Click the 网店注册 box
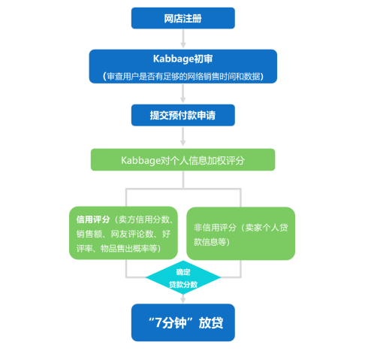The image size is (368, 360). [x=183, y=18]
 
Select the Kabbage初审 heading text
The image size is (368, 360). [x=182, y=59]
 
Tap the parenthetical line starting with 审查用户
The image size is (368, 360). [x=183, y=76]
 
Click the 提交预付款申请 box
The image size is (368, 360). [x=183, y=115]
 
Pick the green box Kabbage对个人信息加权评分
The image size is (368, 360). [x=182, y=159]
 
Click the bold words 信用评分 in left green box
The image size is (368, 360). [x=93, y=219]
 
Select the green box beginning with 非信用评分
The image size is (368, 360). [x=240, y=234]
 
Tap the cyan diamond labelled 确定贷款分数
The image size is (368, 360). [x=183, y=277]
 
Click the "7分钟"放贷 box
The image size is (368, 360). [x=183, y=322]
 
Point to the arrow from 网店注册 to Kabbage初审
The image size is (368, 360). [x=183, y=38]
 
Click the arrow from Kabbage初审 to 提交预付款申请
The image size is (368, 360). [x=183, y=93]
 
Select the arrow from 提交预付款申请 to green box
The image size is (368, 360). [x=183, y=137]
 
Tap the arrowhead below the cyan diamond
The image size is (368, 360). [x=183, y=299]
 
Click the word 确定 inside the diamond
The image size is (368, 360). [x=183, y=272]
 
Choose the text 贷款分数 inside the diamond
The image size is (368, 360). [x=183, y=285]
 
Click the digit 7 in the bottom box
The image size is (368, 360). [x=158, y=322]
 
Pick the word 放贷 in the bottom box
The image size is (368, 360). [x=211, y=322]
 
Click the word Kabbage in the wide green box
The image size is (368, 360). [x=140, y=160]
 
